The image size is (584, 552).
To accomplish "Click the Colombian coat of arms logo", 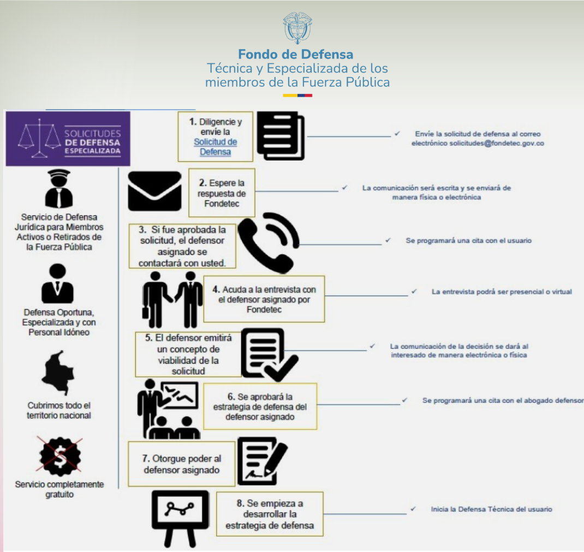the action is pos(297,27).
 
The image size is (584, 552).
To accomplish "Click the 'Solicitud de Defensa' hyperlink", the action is pos(215,147).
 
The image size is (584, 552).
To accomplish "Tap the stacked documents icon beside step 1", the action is pos(281,136).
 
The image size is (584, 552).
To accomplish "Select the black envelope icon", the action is pos(154,191).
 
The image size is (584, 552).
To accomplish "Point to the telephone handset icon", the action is pos(268,243).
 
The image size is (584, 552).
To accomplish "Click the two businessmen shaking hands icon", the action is pos(172,299).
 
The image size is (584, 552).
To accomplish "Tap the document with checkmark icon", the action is pos(269,354).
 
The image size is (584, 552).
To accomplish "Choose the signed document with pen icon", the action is pos(262,461).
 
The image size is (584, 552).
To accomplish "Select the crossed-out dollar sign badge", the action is pos(59,456).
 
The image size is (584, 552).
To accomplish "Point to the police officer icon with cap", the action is pos(59,188).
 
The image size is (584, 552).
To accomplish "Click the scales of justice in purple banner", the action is pos(40,138).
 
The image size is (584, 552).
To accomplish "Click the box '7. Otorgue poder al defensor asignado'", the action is pos(182,464).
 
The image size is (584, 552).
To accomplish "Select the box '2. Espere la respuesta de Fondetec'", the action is pos(222,193).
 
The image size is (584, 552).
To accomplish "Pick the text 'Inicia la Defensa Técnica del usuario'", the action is pos(492,509).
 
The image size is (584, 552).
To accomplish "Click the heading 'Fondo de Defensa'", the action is pos(296,55).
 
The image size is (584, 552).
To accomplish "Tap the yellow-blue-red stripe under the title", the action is pos(297,96).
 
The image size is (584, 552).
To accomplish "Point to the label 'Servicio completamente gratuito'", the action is pos(59,489).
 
